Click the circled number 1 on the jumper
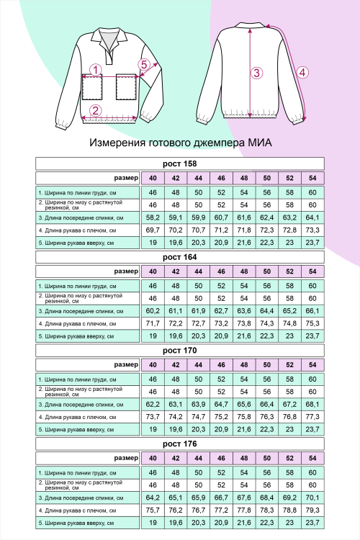(94, 70)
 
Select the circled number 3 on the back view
(256, 72)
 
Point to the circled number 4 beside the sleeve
(303, 72)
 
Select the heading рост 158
(180, 164)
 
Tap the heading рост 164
(180, 256)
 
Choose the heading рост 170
(180, 350)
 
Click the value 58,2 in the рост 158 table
(153, 217)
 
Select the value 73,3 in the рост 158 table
(312, 229)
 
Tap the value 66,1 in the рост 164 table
(312, 310)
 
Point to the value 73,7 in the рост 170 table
(153, 416)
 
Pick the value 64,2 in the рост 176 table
(153, 497)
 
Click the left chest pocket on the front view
(92, 88)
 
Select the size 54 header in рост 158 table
(312, 178)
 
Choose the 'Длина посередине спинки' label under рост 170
(79, 404)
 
